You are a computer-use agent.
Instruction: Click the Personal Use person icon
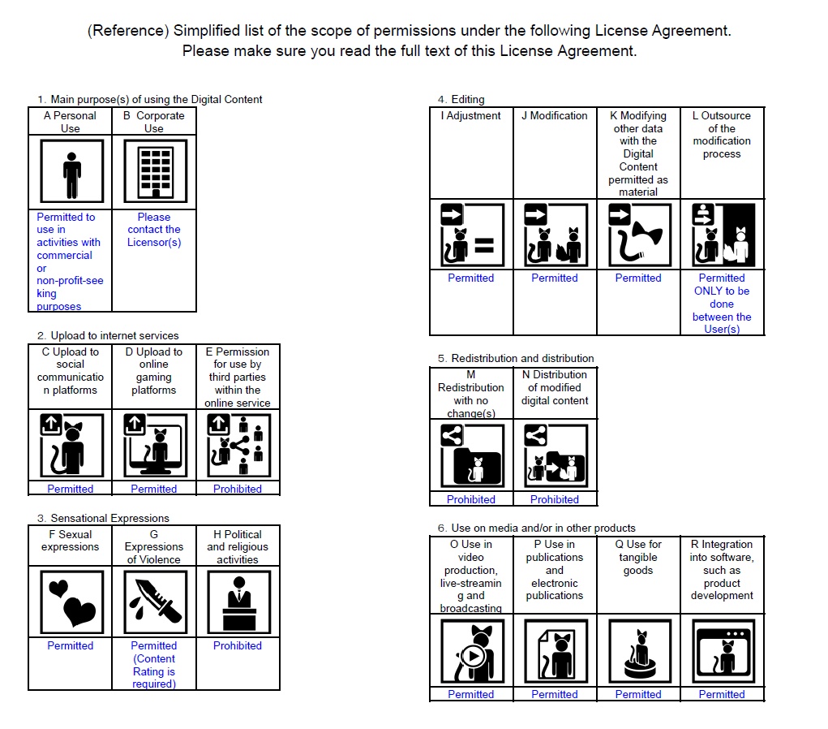71,171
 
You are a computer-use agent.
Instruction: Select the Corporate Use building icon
155,171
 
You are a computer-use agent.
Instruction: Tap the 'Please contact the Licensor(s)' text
154,230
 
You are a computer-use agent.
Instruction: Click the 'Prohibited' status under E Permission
238,489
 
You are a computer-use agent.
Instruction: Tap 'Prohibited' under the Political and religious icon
238,645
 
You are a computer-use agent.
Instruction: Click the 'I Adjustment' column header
471,116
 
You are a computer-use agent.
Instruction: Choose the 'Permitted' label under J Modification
555,278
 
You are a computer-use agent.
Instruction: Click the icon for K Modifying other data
639,235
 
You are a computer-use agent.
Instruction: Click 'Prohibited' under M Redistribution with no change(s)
471,499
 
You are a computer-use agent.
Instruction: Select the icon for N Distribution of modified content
555,456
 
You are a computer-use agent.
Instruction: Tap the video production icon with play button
471,651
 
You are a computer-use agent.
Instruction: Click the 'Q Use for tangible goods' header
638,557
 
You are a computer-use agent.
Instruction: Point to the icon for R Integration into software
722,651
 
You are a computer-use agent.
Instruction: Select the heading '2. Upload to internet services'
108,335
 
